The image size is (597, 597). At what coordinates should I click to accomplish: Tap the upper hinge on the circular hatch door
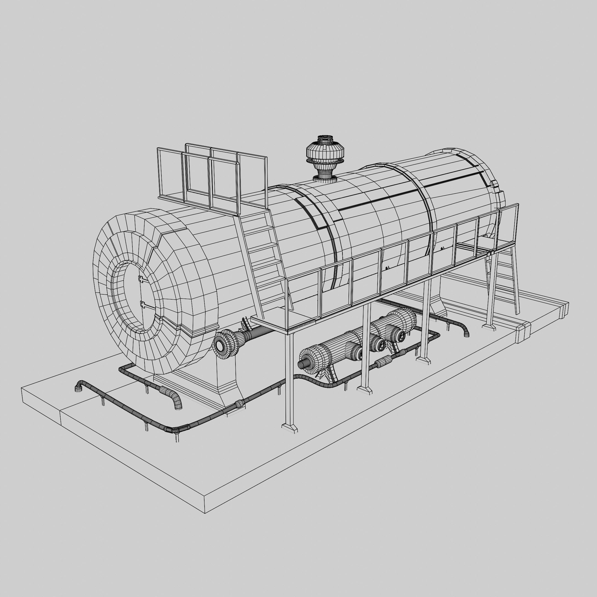[x=142, y=279]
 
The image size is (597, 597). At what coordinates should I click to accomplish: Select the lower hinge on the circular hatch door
[x=143, y=305]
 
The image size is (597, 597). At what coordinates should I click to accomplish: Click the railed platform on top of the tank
[x=213, y=179]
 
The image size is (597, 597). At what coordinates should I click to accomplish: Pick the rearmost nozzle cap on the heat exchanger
[x=401, y=335]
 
